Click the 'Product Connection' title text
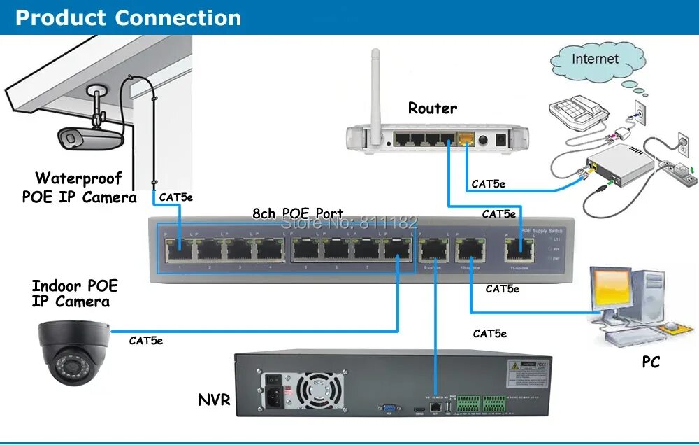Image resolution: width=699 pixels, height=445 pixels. click(x=128, y=17)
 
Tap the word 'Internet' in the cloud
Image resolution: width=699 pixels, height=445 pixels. click(x=595, y=59)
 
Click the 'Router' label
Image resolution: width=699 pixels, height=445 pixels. click(x=433, y=108)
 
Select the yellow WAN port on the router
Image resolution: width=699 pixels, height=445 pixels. click(x=464, y=139)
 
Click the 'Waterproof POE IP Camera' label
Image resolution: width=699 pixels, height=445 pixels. click(x=79, y=188)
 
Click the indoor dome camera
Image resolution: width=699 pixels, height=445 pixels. click(x=73, y=351)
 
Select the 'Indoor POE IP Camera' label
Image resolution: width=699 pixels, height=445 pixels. click(x=74, y=294)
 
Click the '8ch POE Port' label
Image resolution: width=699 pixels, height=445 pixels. click(x=298, y=213)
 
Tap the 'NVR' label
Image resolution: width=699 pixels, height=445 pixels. click(x=213, y=400)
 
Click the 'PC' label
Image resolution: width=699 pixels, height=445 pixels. click(x=650, y=362)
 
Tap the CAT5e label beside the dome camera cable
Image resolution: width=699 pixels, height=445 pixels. click(x=145, y=341)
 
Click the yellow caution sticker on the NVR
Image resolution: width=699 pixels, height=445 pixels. click(x=522, y=367)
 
